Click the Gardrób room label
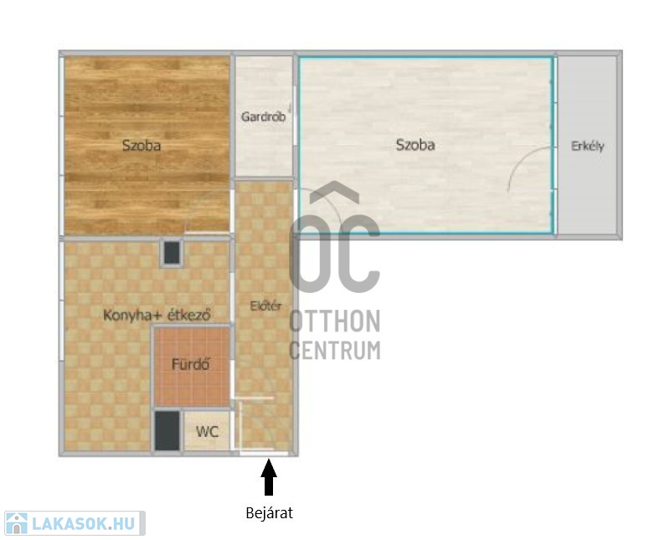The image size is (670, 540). pyautogui.click(x=263, y=116)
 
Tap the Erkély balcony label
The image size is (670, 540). pyautogui.click(x=588, y=147)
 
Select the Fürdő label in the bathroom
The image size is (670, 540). pyautogui.click(x=191, y=364)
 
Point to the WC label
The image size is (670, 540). pyautogui.click(x=207, y=431)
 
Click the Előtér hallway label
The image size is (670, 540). pyautogui.click(x=265, y=306)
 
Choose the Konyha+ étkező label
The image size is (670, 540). pyautogui.click(x=157, y=316)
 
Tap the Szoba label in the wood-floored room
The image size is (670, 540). pyautogui.click(x=142, y=146)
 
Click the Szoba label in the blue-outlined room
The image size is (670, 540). pyautogui.click(x=415, y=145)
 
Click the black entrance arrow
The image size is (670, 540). pyautogui.click(x=269, y=476)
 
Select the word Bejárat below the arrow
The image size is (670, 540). pyautogui.click(x=269, y=512)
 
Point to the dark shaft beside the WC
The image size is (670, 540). pyautogui.click(x=167, y=430)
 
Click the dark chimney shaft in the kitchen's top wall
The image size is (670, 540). pyautogui.click(x=172, y=253)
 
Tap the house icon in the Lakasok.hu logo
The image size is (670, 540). pyautogui.click(x=17, y=523)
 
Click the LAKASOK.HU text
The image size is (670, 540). pyautogui.click(x=84, y=524)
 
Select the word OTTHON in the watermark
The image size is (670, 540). pyautogui.click(x=335, y=321)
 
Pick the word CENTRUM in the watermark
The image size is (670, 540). pyautogui.click(x=335, y=350)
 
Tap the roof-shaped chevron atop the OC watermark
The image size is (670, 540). pyautogui.click(x=334, y=192)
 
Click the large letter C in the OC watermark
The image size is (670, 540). pyautogui.click(x=360, y=255)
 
